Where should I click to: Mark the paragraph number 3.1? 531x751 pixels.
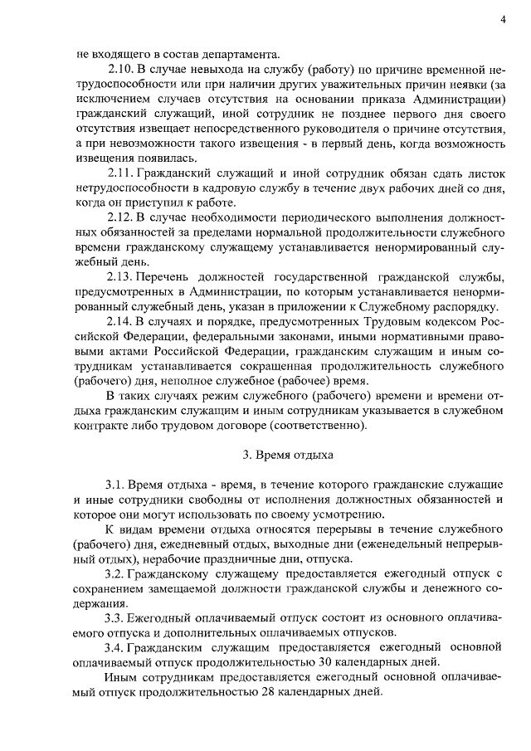click(117, 484)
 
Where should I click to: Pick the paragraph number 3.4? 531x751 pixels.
click(117, 646)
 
